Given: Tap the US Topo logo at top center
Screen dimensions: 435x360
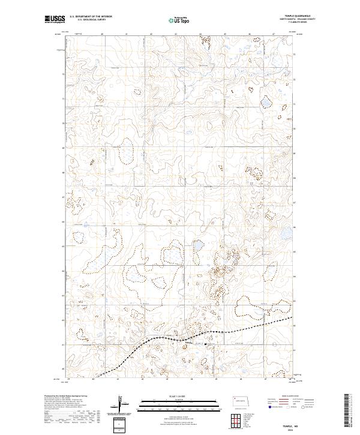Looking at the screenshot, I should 180,20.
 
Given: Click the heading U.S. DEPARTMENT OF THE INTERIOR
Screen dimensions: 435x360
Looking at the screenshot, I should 91,17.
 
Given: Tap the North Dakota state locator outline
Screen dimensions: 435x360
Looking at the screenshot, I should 243,400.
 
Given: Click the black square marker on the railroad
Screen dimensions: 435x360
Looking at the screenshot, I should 206,344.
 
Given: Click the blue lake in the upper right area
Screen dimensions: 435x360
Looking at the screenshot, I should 266,103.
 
